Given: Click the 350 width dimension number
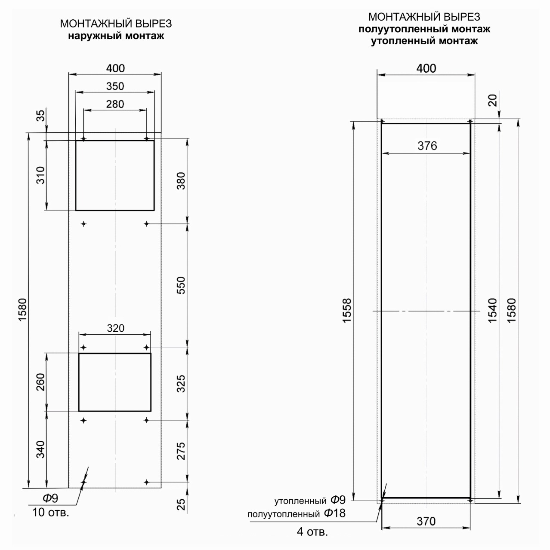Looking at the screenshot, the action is coord(115,86).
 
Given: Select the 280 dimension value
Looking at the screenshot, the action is coord(115,104).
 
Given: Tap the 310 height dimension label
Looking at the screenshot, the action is coord(41,175).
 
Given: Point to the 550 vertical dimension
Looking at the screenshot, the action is coord(181,285).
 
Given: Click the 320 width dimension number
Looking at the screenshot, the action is coord(116,328).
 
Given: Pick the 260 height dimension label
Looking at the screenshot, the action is coord(41,382).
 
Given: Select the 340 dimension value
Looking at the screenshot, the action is coord(41,449).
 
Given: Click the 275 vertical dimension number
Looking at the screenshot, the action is coord(181,451).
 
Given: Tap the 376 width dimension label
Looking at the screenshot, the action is coord(427,146).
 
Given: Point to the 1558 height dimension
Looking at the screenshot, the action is coord(347,311).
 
